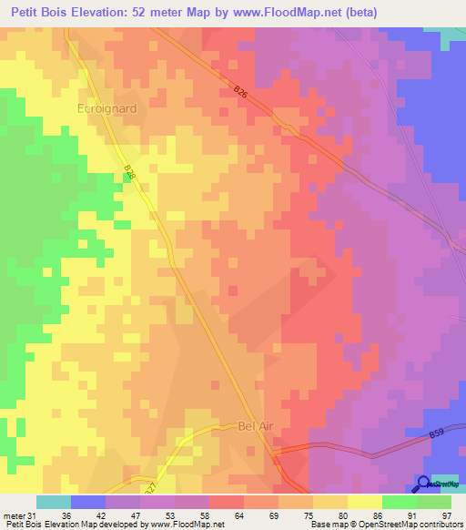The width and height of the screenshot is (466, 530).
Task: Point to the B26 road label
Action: [239, 91]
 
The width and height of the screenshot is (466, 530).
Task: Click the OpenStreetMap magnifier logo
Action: [423, 483]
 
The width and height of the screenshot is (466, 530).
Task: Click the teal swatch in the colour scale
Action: [54, 502]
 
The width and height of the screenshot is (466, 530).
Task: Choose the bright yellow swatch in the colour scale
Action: [365, 502]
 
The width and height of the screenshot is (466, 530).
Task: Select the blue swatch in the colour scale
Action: [88, 502]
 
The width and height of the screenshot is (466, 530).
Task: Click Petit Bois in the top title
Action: [42, 12]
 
